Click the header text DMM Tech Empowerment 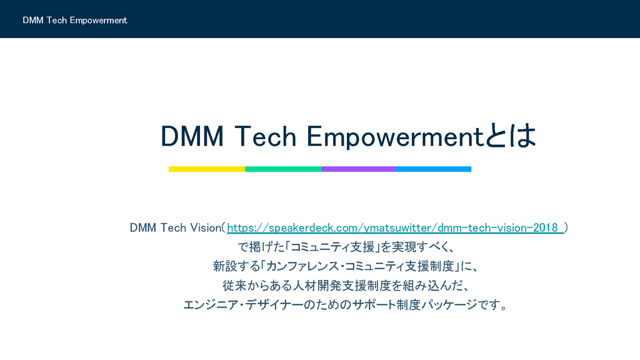75,21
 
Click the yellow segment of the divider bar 206,169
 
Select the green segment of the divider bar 283,169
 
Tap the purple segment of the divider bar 358,169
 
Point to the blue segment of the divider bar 433,169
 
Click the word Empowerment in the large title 395,136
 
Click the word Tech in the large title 265,136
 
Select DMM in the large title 192,136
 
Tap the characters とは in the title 510,136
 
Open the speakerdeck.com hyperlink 396,227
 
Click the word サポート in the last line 374,305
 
